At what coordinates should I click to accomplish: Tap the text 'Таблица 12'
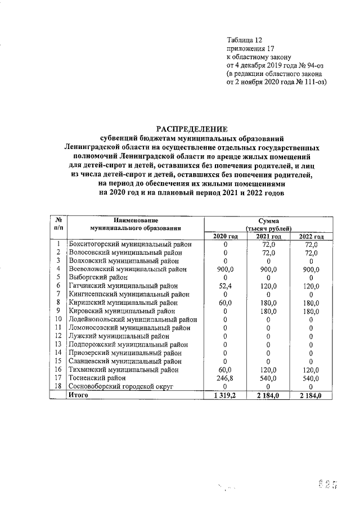(245, 40)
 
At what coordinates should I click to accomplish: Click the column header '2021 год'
(268, 236)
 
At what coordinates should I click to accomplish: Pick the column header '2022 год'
(310, 236)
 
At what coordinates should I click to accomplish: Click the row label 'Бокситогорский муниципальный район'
(130, 245)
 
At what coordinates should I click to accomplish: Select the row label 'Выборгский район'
(98, 277)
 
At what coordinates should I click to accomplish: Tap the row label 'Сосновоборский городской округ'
(121, 387)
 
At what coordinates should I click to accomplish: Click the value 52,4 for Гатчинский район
(225, 286)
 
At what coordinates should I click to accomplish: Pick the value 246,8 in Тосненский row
(225, 379)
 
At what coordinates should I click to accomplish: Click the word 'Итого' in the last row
(79, 395)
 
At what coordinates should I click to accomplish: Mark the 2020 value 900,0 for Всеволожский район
(225, 269)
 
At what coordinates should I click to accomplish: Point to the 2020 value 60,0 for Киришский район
(225, 303)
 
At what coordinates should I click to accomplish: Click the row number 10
(58, 319)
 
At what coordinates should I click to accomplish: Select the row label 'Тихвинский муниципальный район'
(124, 370)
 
